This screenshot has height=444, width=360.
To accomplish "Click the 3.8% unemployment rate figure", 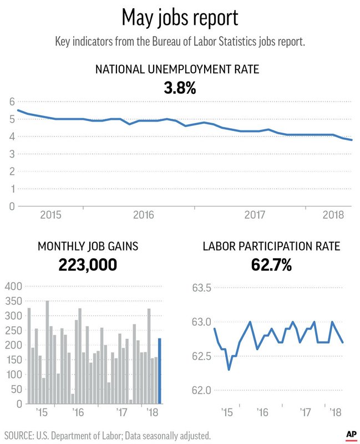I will tap(180, 87).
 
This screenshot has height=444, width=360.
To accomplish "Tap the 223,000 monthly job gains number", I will tap(88, 265).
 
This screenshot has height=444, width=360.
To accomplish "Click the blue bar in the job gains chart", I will tap(160, 371).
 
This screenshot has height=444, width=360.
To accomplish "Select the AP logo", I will tap(351, 435).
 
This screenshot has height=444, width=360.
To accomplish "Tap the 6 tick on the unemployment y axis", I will tap(11, 102).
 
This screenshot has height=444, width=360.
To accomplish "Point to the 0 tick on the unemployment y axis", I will tap(11, 206).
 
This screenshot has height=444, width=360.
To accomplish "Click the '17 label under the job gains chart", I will tap(123, 412).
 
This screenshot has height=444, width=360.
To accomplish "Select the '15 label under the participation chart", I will tap(226, 412).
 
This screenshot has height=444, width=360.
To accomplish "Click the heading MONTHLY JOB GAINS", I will tap(88, 246).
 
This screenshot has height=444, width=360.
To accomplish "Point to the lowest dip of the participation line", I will tap(229, 370).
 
